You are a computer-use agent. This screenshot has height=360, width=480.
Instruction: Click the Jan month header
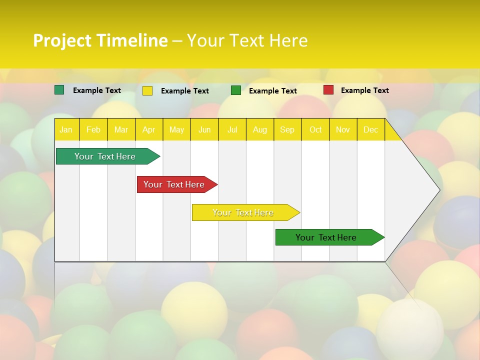[x=66, y=129]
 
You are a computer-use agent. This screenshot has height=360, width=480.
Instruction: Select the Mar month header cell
[x=121, y=129]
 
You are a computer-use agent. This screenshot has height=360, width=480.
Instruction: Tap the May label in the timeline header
[x=176, y=129]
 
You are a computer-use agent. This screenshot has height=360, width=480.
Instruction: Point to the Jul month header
[x=232, y=129]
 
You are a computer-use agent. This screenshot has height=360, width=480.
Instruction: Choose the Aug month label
[x=259, y=129]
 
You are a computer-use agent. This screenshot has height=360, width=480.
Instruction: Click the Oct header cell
[x=315, y=129]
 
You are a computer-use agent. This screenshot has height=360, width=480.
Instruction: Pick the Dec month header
[x=370, y=129]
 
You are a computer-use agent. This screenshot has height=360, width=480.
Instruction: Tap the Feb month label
[x=93, y=129]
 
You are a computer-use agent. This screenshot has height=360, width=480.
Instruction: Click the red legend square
[x=328, y=90]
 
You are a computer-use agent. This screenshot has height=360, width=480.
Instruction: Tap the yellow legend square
[x=147, y=90]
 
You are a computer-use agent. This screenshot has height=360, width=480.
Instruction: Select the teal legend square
[x=59, y=90]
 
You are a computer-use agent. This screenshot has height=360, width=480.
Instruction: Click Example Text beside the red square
[x=364, y=90]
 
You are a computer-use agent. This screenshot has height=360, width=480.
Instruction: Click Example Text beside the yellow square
[x=184, y=91]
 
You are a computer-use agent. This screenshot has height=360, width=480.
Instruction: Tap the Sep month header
[x=287, y=129]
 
